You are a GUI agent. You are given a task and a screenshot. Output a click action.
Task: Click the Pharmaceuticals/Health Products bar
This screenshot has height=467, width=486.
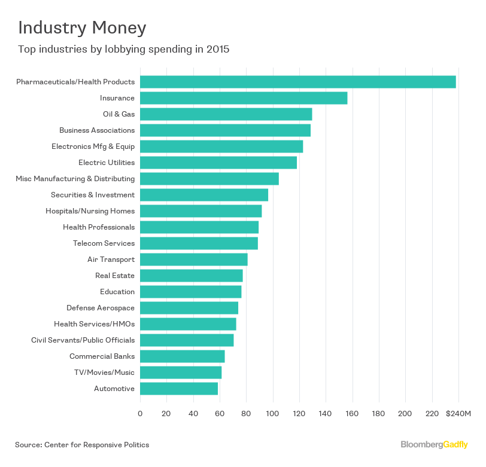point(297,82)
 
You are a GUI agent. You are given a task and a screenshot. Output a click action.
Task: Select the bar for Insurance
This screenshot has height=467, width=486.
point(243,98)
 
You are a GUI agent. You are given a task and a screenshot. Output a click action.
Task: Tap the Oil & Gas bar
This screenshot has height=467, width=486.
point(226,114)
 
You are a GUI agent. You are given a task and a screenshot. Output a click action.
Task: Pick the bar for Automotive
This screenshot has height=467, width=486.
point(178,389)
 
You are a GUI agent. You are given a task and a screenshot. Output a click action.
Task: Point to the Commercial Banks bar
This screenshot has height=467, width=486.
point(182,356)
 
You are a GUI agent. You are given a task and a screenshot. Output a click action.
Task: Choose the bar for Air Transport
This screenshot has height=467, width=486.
point(193,260)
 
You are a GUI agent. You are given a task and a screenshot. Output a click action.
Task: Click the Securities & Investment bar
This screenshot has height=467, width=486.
point(203,195)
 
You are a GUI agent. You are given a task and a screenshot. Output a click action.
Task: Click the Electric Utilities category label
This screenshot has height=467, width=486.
point(107,163)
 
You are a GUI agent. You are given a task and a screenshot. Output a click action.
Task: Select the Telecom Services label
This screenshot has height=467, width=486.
point(104,243)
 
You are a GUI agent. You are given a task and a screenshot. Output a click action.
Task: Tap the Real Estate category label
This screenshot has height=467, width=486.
point(115,276)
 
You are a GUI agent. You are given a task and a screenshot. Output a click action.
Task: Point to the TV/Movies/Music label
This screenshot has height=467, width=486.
point(102,373)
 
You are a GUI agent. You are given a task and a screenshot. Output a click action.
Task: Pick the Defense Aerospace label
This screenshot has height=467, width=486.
point(101,308)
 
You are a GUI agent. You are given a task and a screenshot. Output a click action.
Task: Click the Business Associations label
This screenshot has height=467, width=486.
point(97,130)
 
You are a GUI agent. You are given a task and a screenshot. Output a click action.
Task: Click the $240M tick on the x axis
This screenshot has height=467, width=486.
point(458,414)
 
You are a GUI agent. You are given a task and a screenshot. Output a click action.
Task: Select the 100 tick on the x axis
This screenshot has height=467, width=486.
point(273,414)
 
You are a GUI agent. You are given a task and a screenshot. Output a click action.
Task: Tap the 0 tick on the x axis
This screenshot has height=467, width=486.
point(140,414)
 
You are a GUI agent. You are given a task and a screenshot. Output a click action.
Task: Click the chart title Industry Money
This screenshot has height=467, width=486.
point(82,28)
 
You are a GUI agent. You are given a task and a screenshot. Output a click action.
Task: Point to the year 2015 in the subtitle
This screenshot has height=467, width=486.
point(217,50)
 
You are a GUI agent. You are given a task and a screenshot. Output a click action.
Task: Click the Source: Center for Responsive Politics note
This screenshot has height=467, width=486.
point(82,445)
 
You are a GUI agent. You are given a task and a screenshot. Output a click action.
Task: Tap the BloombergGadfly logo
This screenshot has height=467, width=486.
point(435,445)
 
